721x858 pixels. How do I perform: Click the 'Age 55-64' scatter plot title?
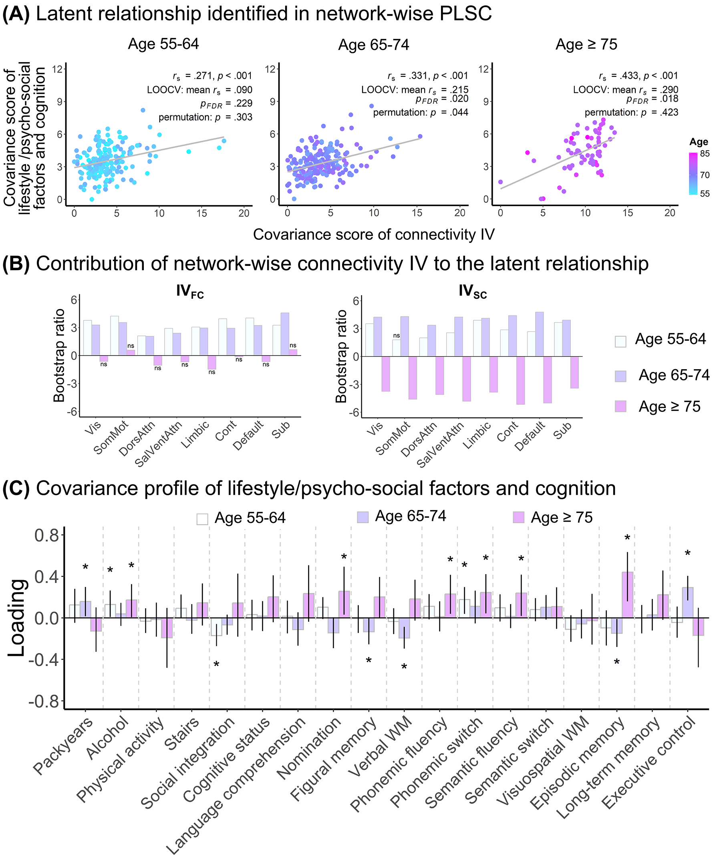click(x=163, y=44)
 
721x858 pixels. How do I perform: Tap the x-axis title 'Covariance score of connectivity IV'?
click(x=374, y=235)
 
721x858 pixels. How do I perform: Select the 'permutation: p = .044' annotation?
click(x=421, y=113)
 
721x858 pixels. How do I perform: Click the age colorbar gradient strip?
click(x=693, y=173)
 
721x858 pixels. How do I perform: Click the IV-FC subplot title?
click(x=189, y=292)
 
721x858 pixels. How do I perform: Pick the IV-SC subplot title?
click(x=473, y=292)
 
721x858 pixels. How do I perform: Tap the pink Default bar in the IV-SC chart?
click(x=547, y=380)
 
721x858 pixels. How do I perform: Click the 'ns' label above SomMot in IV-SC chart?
click(x=397, y=336)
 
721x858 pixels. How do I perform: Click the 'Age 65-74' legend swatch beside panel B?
click(x=620, y=376)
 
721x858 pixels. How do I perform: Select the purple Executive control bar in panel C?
click(x=687, y=603)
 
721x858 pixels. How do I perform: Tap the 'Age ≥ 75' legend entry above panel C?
click(x=553, y=518)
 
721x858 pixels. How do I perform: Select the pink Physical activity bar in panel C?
click(x=167, y=628)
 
